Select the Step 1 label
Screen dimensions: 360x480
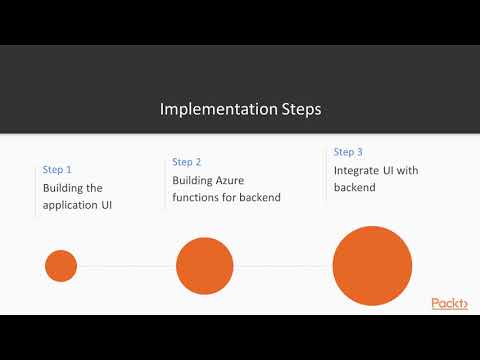[x=57, y=170]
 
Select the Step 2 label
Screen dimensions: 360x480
[x=187, y=162]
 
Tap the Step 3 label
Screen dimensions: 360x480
[x=348, y=152]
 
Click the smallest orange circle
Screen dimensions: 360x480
[x=61, y=266]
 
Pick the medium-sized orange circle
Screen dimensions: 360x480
[x=204, y=266]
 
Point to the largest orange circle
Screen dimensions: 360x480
[x=372, y=266]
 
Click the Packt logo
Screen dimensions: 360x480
[x=449, y=303]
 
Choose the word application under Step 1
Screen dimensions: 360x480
[x=74, y=206]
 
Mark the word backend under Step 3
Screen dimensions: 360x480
[x=355, y=188]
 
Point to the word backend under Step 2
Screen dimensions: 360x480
[x=258, y=198]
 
